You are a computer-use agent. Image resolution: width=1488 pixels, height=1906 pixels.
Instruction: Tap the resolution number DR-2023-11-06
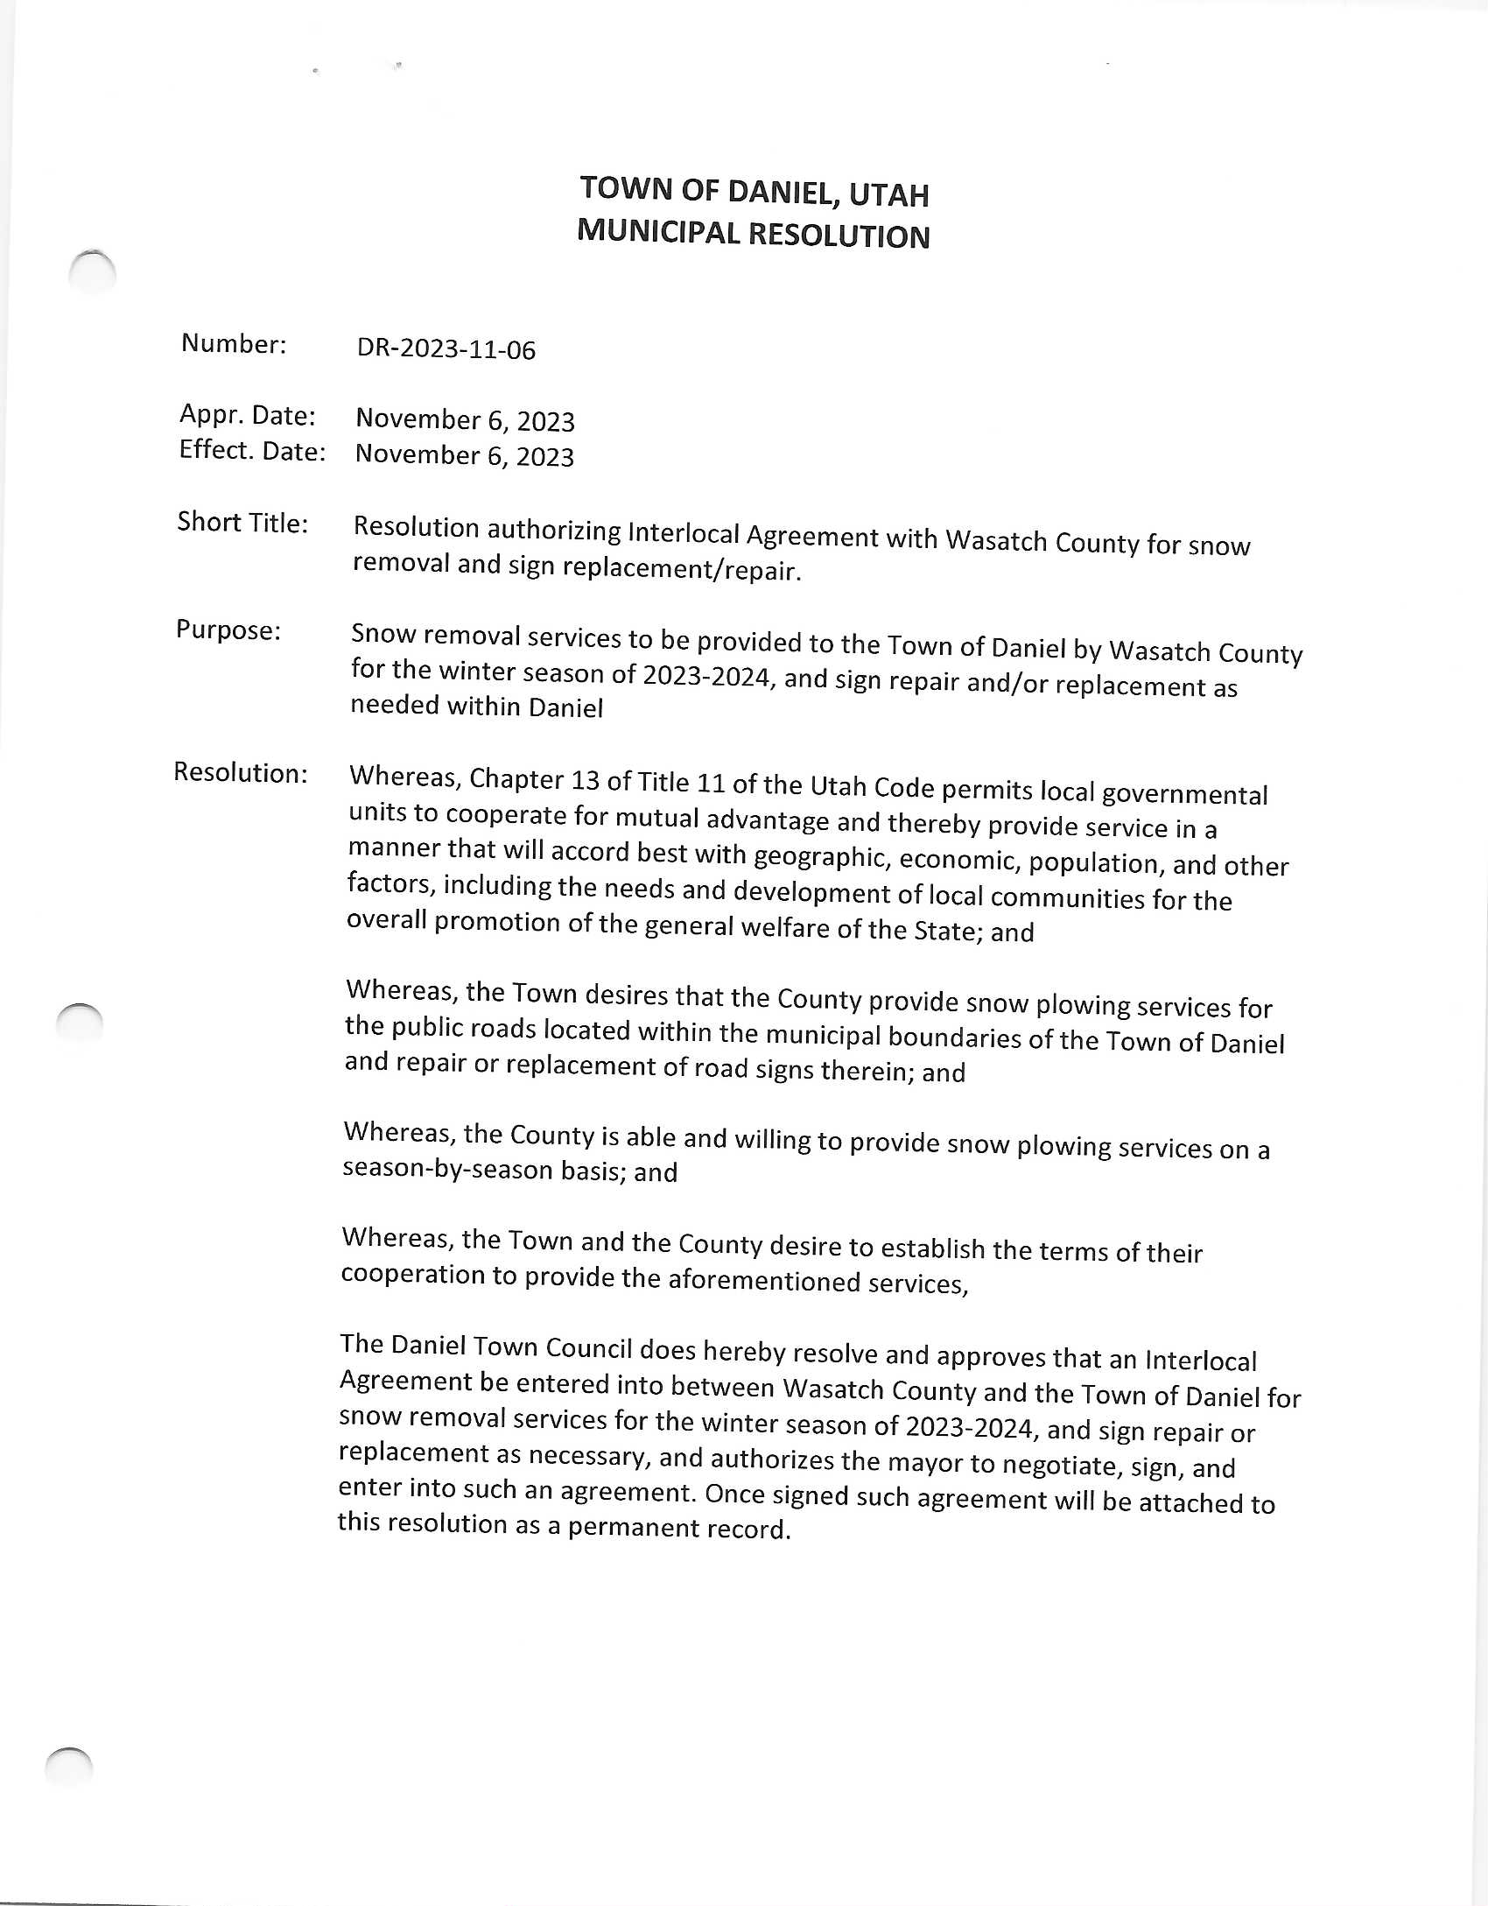[446, 348]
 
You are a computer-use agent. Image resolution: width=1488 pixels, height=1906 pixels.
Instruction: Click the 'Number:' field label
[234, 343]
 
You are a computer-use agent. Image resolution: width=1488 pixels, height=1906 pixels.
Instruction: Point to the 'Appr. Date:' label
[248, 414]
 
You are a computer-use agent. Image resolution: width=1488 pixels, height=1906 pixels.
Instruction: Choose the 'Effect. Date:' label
[252, 450]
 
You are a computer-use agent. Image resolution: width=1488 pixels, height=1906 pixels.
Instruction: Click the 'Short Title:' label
[242, 522]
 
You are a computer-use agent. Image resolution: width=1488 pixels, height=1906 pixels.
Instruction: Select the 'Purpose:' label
[228, 629]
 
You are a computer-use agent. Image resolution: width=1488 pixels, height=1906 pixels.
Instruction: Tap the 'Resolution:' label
[241, 772]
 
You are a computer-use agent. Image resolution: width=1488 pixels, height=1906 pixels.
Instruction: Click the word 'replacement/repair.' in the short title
[682, 569]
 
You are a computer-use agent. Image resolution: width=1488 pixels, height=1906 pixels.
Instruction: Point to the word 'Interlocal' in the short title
[683, 531]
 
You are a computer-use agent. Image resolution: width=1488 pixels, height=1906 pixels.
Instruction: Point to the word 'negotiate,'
[1062, 1465]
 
